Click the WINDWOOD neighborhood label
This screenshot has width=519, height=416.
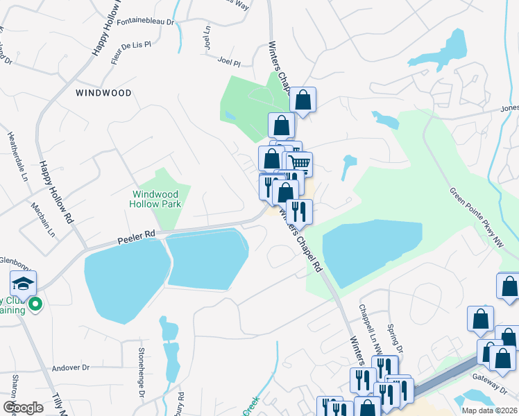point(103,92)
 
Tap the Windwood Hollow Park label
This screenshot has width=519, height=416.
point(155,199)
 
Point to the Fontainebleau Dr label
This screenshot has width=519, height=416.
point(145,21)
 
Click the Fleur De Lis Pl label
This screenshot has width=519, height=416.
point(131,53)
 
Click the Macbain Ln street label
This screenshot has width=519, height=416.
point(46,220)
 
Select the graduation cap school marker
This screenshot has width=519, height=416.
point(23,282)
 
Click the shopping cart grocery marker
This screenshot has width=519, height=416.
point(299,163)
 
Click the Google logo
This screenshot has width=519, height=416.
point(23,408)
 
